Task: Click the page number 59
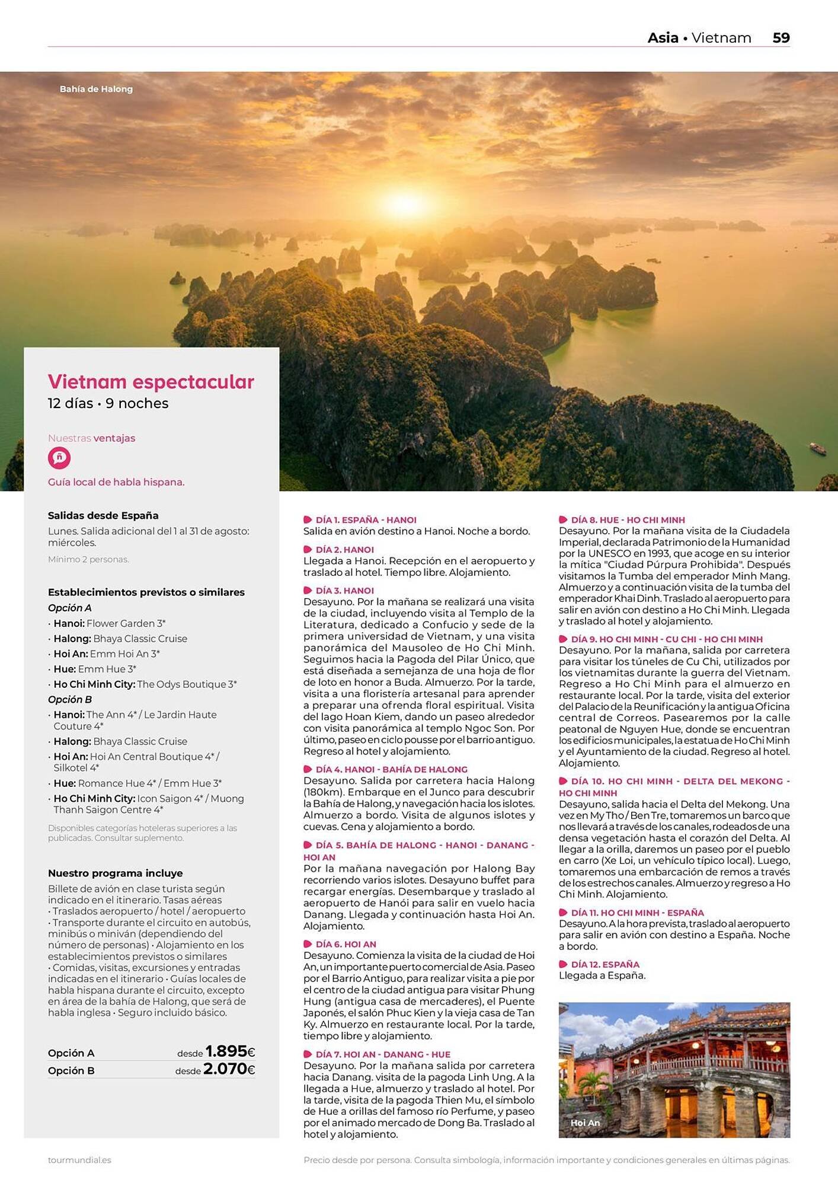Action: pyautogui.click(x=781, y=38)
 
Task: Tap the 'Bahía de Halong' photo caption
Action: pyautogui.click(x=96, y=89)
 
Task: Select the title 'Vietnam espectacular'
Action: pyautogui.click(x=151, y=381)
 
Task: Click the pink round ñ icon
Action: pyautogui.click(x=59, y=458)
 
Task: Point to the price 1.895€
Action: pyautogui.click(x=230, y=1051)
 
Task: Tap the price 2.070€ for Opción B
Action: pyautogui.click(x=229, y=1069)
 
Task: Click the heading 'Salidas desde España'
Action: pyautogui.click(x=103, y=515)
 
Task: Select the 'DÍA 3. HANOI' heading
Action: pyautogui.click(x=344, y=591)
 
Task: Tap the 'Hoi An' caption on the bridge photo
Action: pyautogui.click(x=585, y=1123)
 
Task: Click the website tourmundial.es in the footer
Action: pyautogui.click(x=79, y=1160)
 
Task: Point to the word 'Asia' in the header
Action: pyautogui.click(x=663, y=38)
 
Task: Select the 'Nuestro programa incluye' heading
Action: pyautogui.click(x=115, y=873)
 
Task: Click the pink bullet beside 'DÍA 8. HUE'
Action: pyautogui.click(x=563, y=520)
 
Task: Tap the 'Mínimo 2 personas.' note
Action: pyautogui.click(x=88, y=559)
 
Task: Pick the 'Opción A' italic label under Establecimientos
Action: pyautogui.click(x=69, y=608)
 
